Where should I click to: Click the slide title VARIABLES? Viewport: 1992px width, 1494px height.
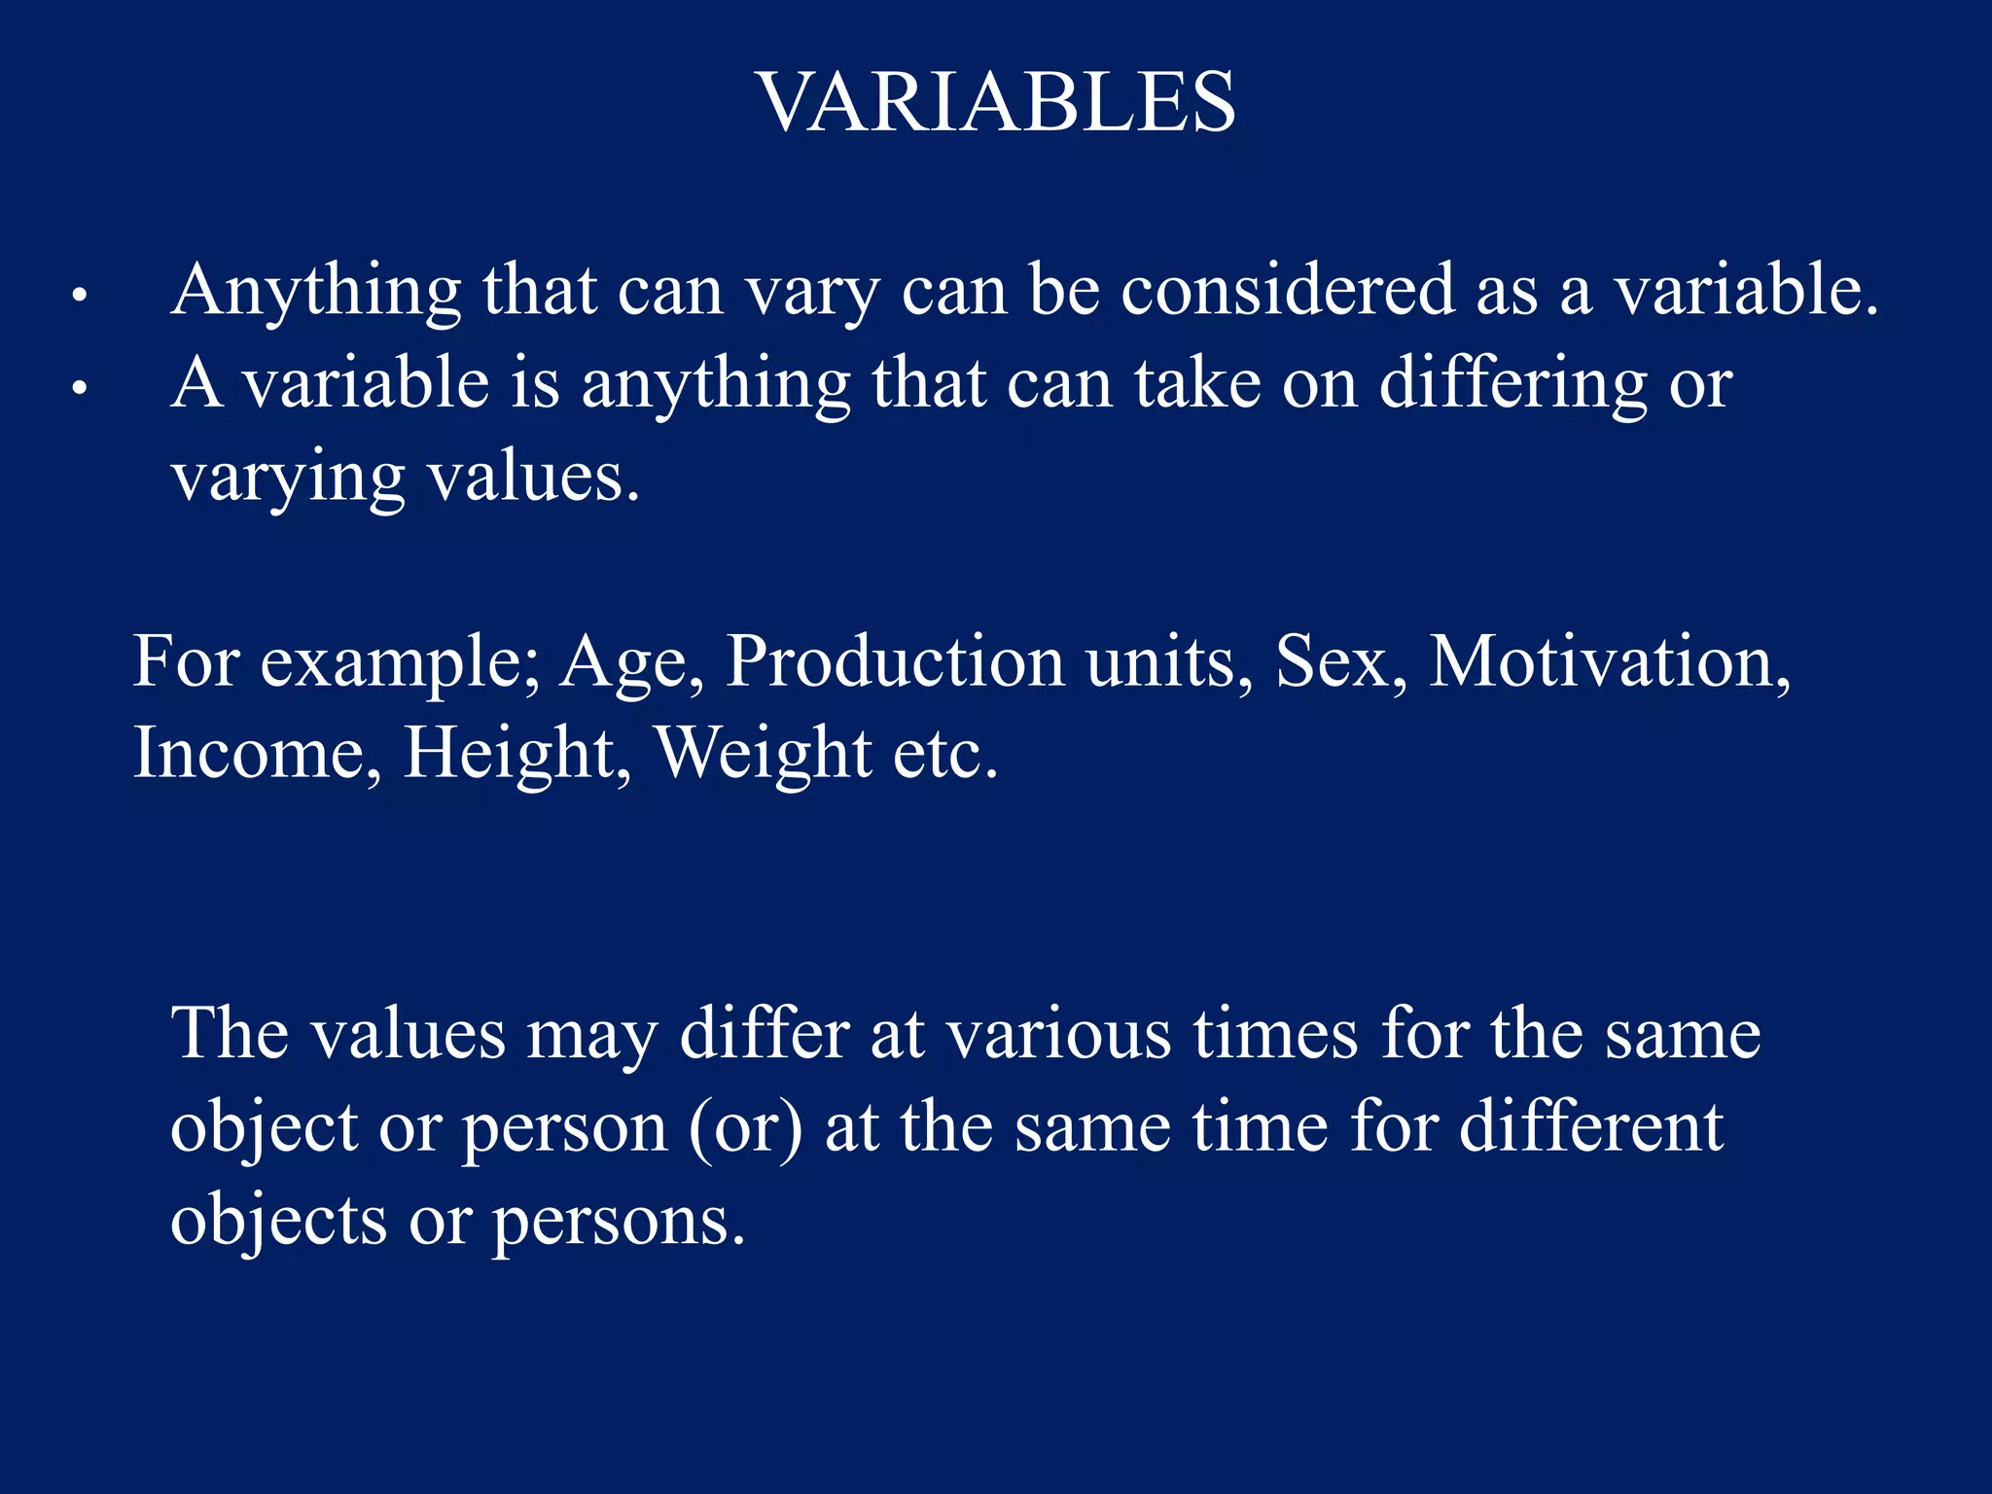tap(996, 103)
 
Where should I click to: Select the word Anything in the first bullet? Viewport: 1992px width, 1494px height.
tap(316, 292)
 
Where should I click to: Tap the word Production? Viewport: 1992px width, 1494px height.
tap(895, 661)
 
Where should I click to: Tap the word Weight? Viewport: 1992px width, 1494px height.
tap(765, 755)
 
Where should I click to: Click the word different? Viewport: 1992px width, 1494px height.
tap(1591, 1128)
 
